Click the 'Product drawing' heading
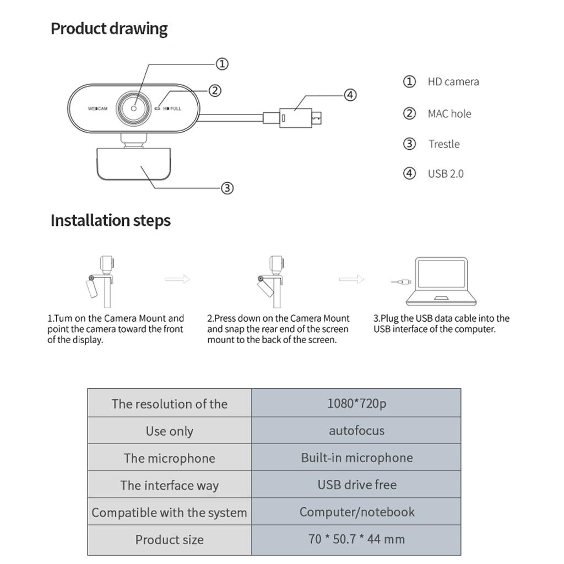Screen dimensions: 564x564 pos(109,29)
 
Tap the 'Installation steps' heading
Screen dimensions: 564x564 pos(110,220)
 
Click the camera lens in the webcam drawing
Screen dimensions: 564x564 pos(133,108)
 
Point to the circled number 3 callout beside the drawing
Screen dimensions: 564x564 pos(227,188)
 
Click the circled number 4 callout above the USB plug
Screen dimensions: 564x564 pos(350,95)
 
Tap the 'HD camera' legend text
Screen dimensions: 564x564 pos(453,82)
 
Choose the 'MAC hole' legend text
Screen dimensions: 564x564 pos(449,113)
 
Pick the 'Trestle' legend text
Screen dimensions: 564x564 pos(444,144)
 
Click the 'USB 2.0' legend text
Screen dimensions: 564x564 pos(446,173)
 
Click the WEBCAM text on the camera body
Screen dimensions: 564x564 pos(97,109)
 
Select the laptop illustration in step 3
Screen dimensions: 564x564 pos(441,281)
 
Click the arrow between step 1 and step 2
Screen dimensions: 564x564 pos(177,279)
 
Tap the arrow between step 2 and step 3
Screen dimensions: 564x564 pos(351,279)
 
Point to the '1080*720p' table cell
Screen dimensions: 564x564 pos(356,403)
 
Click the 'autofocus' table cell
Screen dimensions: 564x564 pos(356,430)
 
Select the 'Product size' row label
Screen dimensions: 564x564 pos(170,540)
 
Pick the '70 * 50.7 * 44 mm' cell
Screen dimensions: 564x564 pos(356,539)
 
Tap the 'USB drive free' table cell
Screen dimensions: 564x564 pos(356,485)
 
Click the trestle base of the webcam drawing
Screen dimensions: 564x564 pos(133,164)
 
